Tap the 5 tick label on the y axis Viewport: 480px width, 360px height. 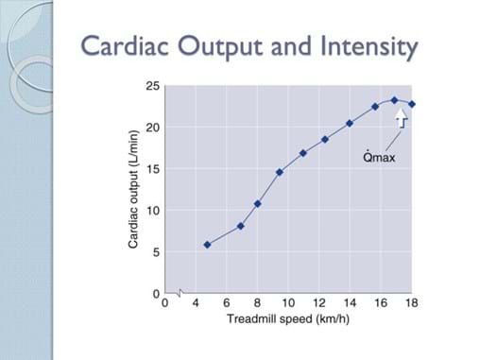156,252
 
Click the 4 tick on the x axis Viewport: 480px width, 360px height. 196,303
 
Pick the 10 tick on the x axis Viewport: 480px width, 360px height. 288,303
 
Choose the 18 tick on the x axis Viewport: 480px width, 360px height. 412,303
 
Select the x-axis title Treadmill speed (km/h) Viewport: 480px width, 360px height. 289,318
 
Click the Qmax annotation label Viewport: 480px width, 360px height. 379,157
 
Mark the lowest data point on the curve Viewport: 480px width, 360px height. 207,245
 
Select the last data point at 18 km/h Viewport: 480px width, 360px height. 412,104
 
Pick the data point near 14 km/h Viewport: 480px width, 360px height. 350,123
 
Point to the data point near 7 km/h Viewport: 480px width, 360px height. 240,226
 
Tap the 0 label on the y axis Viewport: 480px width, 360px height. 156,294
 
